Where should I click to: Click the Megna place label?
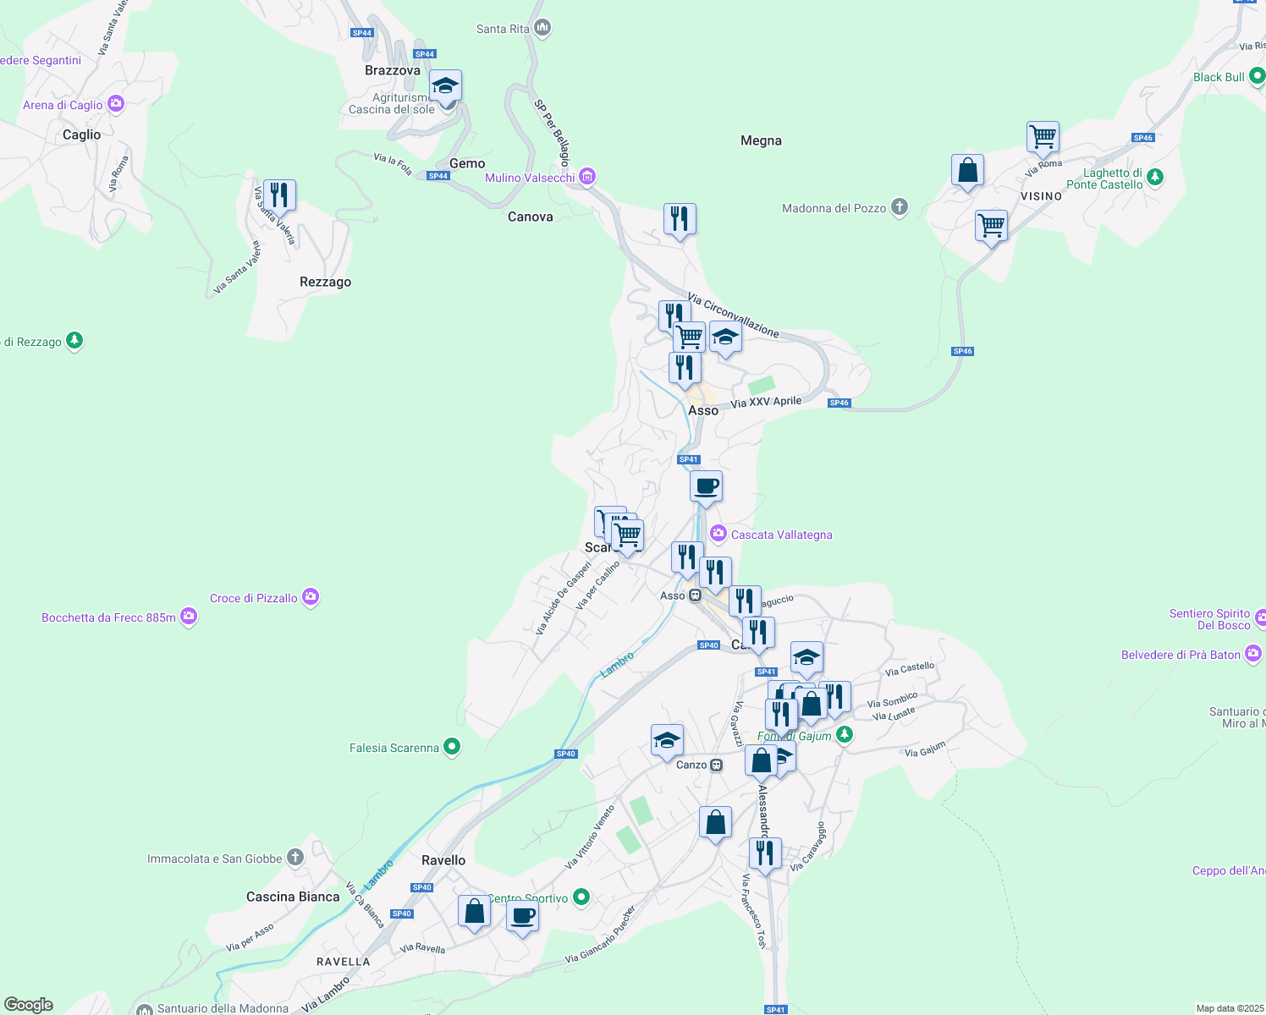[x=761, y=140]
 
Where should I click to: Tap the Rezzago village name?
[x=325, y=282]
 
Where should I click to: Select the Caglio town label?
[x=81, y=134]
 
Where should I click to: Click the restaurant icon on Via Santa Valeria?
[x=279, y=195]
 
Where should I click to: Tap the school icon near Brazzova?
[x=445, y=86]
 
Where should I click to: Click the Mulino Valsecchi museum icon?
[x=587, y=178]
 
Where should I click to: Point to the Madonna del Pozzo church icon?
[x=900, y=207]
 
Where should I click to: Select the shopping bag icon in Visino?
[x=967, y=171]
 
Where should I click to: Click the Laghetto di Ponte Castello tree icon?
[x=1155, y=178]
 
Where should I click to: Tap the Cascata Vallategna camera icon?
[x=718, y=534]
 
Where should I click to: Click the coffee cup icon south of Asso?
[x=706, y=487]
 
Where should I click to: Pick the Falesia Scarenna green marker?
[x=452, y=747]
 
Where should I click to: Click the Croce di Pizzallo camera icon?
[x=311, y=598]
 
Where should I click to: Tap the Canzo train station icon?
[x=717, y=765]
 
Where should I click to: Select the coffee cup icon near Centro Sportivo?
[x=522, y=915]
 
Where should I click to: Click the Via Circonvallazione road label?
[x=733, y=315]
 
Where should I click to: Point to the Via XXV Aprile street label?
[x=766, y=402]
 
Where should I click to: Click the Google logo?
[x=29, y=1004]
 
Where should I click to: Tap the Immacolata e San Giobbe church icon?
[x=294, y=858]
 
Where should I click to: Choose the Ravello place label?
[x=443, y=860]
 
